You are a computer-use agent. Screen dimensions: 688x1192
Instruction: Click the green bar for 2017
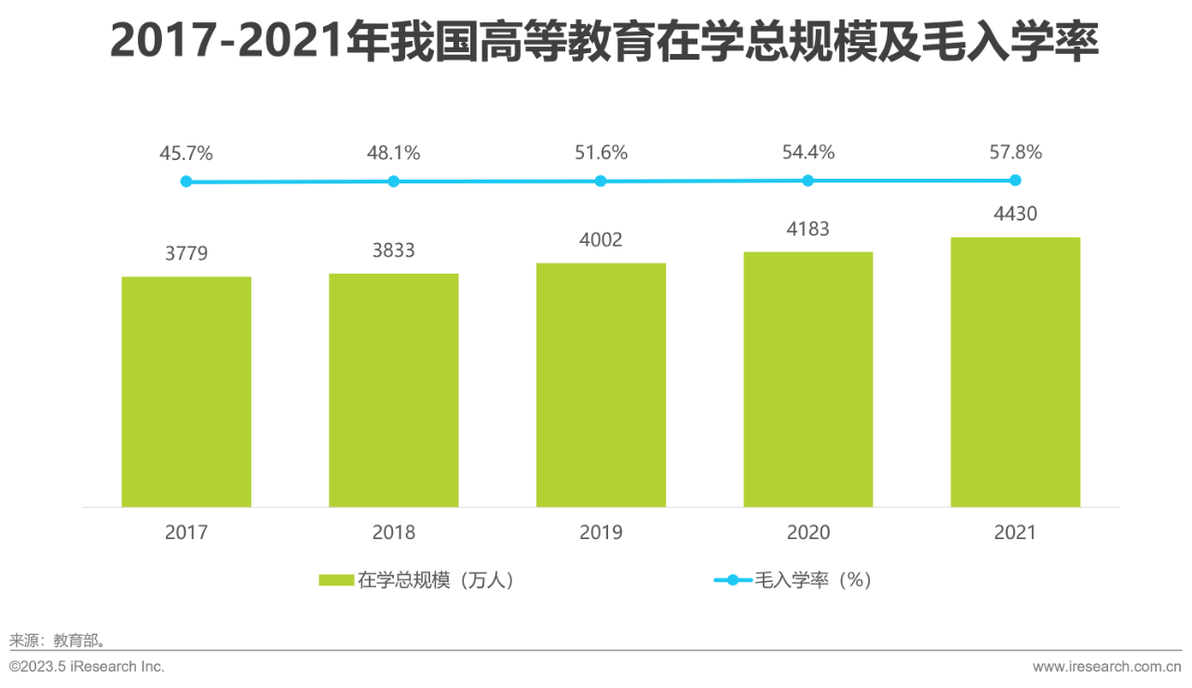[x=186, y=392]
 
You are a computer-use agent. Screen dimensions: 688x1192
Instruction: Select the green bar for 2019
[x=601, y=385]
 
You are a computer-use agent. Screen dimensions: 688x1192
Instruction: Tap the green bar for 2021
[x=1015, y=372]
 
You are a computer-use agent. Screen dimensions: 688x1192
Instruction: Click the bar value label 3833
[x=393, y=250]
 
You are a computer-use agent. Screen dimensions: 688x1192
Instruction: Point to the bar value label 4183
[x=807, y=229]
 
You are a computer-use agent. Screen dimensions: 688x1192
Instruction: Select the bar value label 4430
[x=1015, y=214]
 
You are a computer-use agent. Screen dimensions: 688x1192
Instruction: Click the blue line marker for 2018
[x=393, y=182]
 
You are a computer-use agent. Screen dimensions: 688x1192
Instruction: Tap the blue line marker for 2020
[x=807, y=181]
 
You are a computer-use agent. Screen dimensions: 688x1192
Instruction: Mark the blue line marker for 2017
[x=186, y=182]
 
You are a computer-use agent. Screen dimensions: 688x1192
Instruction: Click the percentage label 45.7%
[x=186, y=153]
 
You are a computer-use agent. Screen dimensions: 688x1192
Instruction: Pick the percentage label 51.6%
[x=601, y=153]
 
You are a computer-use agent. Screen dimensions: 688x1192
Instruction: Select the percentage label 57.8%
[x=1015, y=152]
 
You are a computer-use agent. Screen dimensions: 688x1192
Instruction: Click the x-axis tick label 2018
[x=393, y=533]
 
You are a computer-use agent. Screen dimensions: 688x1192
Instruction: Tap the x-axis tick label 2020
[x=807, y=533]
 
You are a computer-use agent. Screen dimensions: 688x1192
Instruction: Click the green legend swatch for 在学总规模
[x=335, y=580]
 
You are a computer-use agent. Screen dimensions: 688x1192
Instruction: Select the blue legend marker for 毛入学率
[x=732, y=580]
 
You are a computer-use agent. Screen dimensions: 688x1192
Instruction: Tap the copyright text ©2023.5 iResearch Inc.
[x=87, y=667]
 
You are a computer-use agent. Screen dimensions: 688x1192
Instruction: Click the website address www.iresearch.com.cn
[x=1106, y=667]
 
